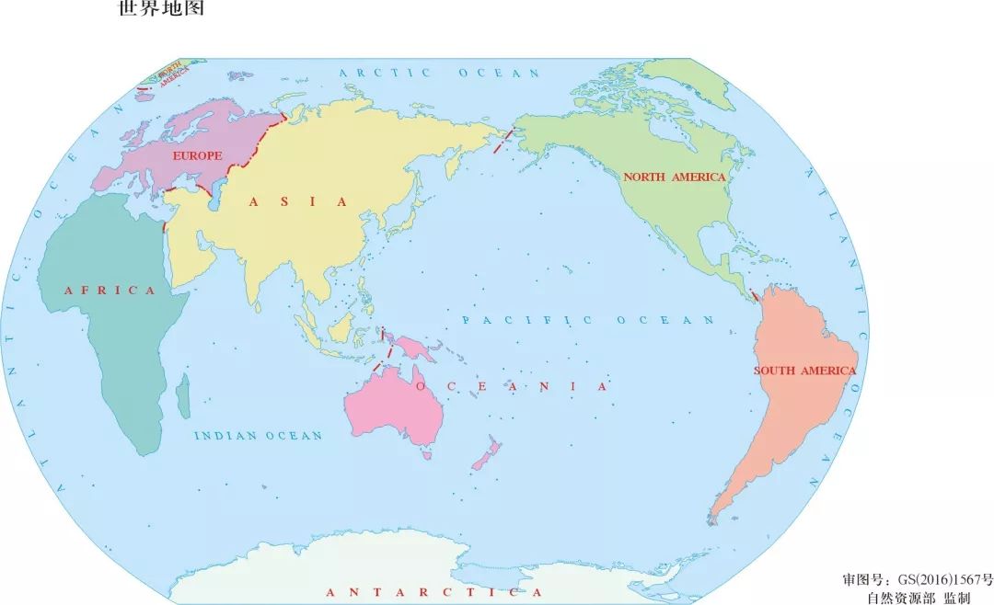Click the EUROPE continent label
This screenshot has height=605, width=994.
click(198, 156)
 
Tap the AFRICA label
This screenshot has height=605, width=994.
click(110, 291)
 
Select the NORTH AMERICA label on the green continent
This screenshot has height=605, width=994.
click(675, 177)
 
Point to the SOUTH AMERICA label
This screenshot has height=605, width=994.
click(804, 371)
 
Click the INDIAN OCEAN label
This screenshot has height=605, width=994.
click(258, 436)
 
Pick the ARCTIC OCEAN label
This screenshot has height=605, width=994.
click(439, 73)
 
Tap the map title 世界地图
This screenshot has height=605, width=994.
click(162, 10)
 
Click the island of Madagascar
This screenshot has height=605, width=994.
click(183, 394)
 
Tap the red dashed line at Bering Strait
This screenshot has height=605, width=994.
click(502, 142)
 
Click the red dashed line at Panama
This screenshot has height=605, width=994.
click(755, 295)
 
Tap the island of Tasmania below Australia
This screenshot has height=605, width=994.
click(426, 453)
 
